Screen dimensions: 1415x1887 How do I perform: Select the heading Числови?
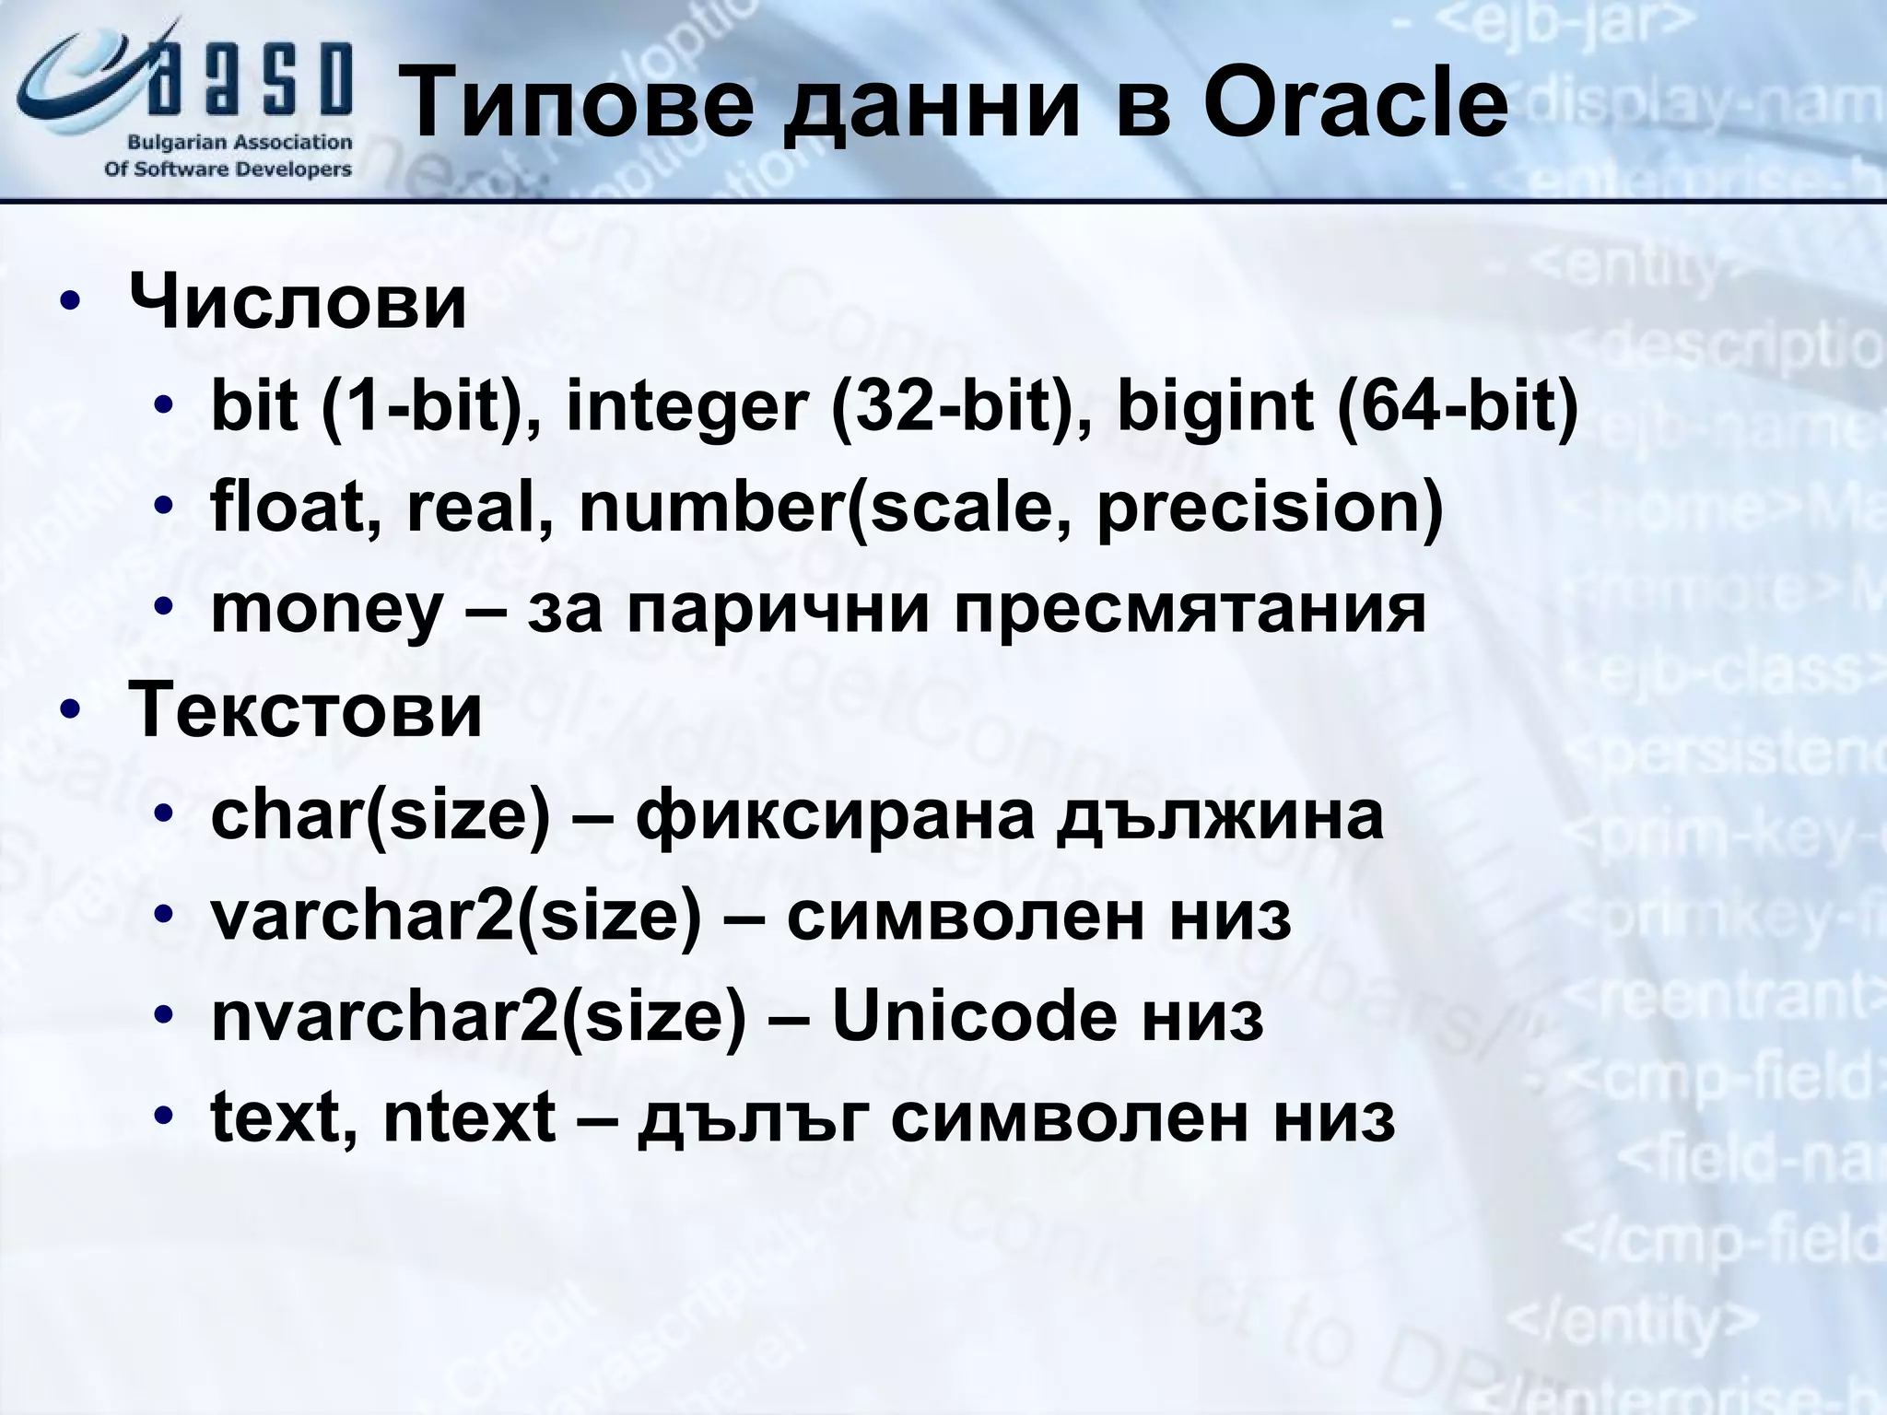[x=298, y=302]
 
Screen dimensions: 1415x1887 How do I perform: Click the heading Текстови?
[x=305, y=710]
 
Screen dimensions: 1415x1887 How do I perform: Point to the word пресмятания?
[x=1190, y=609]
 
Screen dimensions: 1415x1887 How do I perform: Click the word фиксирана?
[x=835, y=814]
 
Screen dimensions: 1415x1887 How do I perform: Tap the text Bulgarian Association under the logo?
[x=240, y=143]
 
